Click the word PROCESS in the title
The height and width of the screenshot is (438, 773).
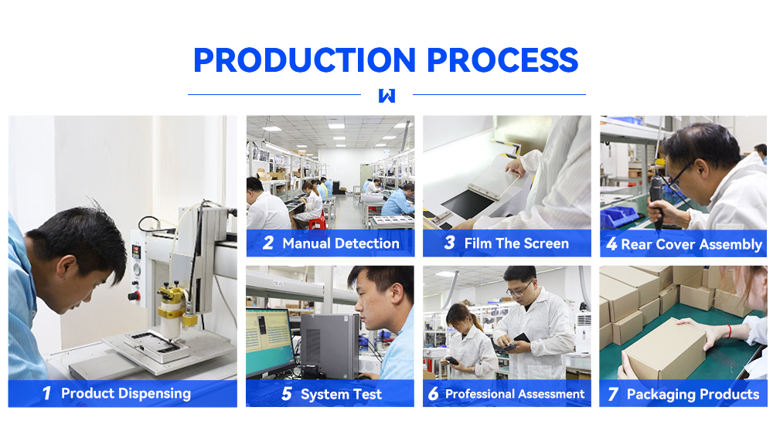(x=502, y=60)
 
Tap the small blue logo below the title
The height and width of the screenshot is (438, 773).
(x=387, y=96)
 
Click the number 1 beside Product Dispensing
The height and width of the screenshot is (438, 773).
(x=47, y=393)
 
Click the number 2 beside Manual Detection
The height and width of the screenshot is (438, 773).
(x=268, y=243)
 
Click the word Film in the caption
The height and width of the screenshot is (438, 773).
(x=478, y=243)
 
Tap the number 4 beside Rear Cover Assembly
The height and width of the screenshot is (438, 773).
(x=611, y=244)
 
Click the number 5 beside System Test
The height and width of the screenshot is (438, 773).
(x=287, y=394)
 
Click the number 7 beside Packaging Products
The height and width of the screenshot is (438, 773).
(x=613, y=394)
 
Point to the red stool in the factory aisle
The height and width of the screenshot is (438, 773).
(x=318, y=222)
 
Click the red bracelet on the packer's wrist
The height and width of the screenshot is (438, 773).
(x=729, y=331)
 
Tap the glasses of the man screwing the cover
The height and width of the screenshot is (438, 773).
(x=680, y=174)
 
